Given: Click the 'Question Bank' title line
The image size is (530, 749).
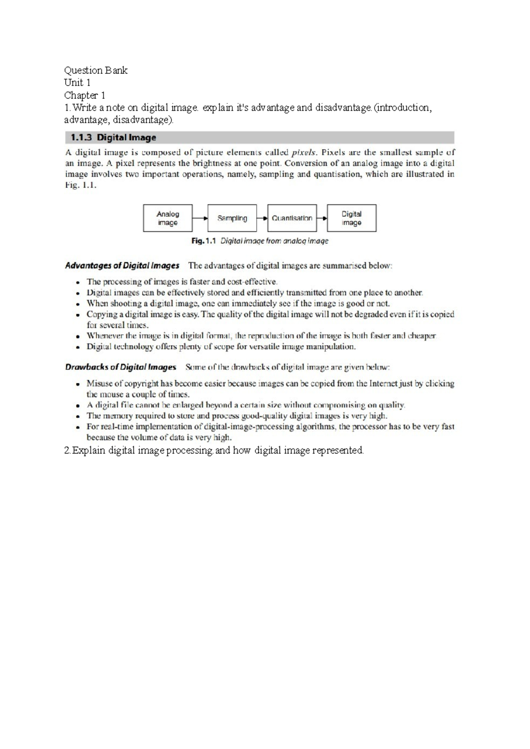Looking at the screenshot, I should click(x=95, y=70).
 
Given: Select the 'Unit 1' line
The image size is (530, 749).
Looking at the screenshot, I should click(x=77, y=83).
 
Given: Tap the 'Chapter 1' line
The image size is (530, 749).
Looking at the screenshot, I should click(x=85, y=95).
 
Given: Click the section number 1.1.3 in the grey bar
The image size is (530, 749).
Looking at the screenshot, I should click(x=81, y=137).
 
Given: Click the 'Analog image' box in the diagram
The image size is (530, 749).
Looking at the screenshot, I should click(x=167, y=218).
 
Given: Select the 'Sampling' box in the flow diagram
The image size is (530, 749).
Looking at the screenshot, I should click(x=232, y=218).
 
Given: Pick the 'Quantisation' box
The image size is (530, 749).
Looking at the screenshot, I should click(x=292, y=218).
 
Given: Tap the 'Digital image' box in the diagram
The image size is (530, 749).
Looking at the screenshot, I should click(x=352, y=218).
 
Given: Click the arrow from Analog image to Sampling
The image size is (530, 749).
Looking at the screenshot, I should click(x=200, y=218).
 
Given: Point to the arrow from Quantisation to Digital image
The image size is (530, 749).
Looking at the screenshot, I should click(x=322, y=218).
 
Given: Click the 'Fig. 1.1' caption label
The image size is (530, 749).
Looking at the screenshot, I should click(x=204, y=241).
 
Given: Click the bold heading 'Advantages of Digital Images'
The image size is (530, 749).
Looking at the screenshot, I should click(x=122, y=265).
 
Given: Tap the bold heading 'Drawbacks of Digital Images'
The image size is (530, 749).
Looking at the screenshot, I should click(x=120, y=367).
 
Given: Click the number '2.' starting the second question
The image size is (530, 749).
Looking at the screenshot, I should click(x=68, y=450).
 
